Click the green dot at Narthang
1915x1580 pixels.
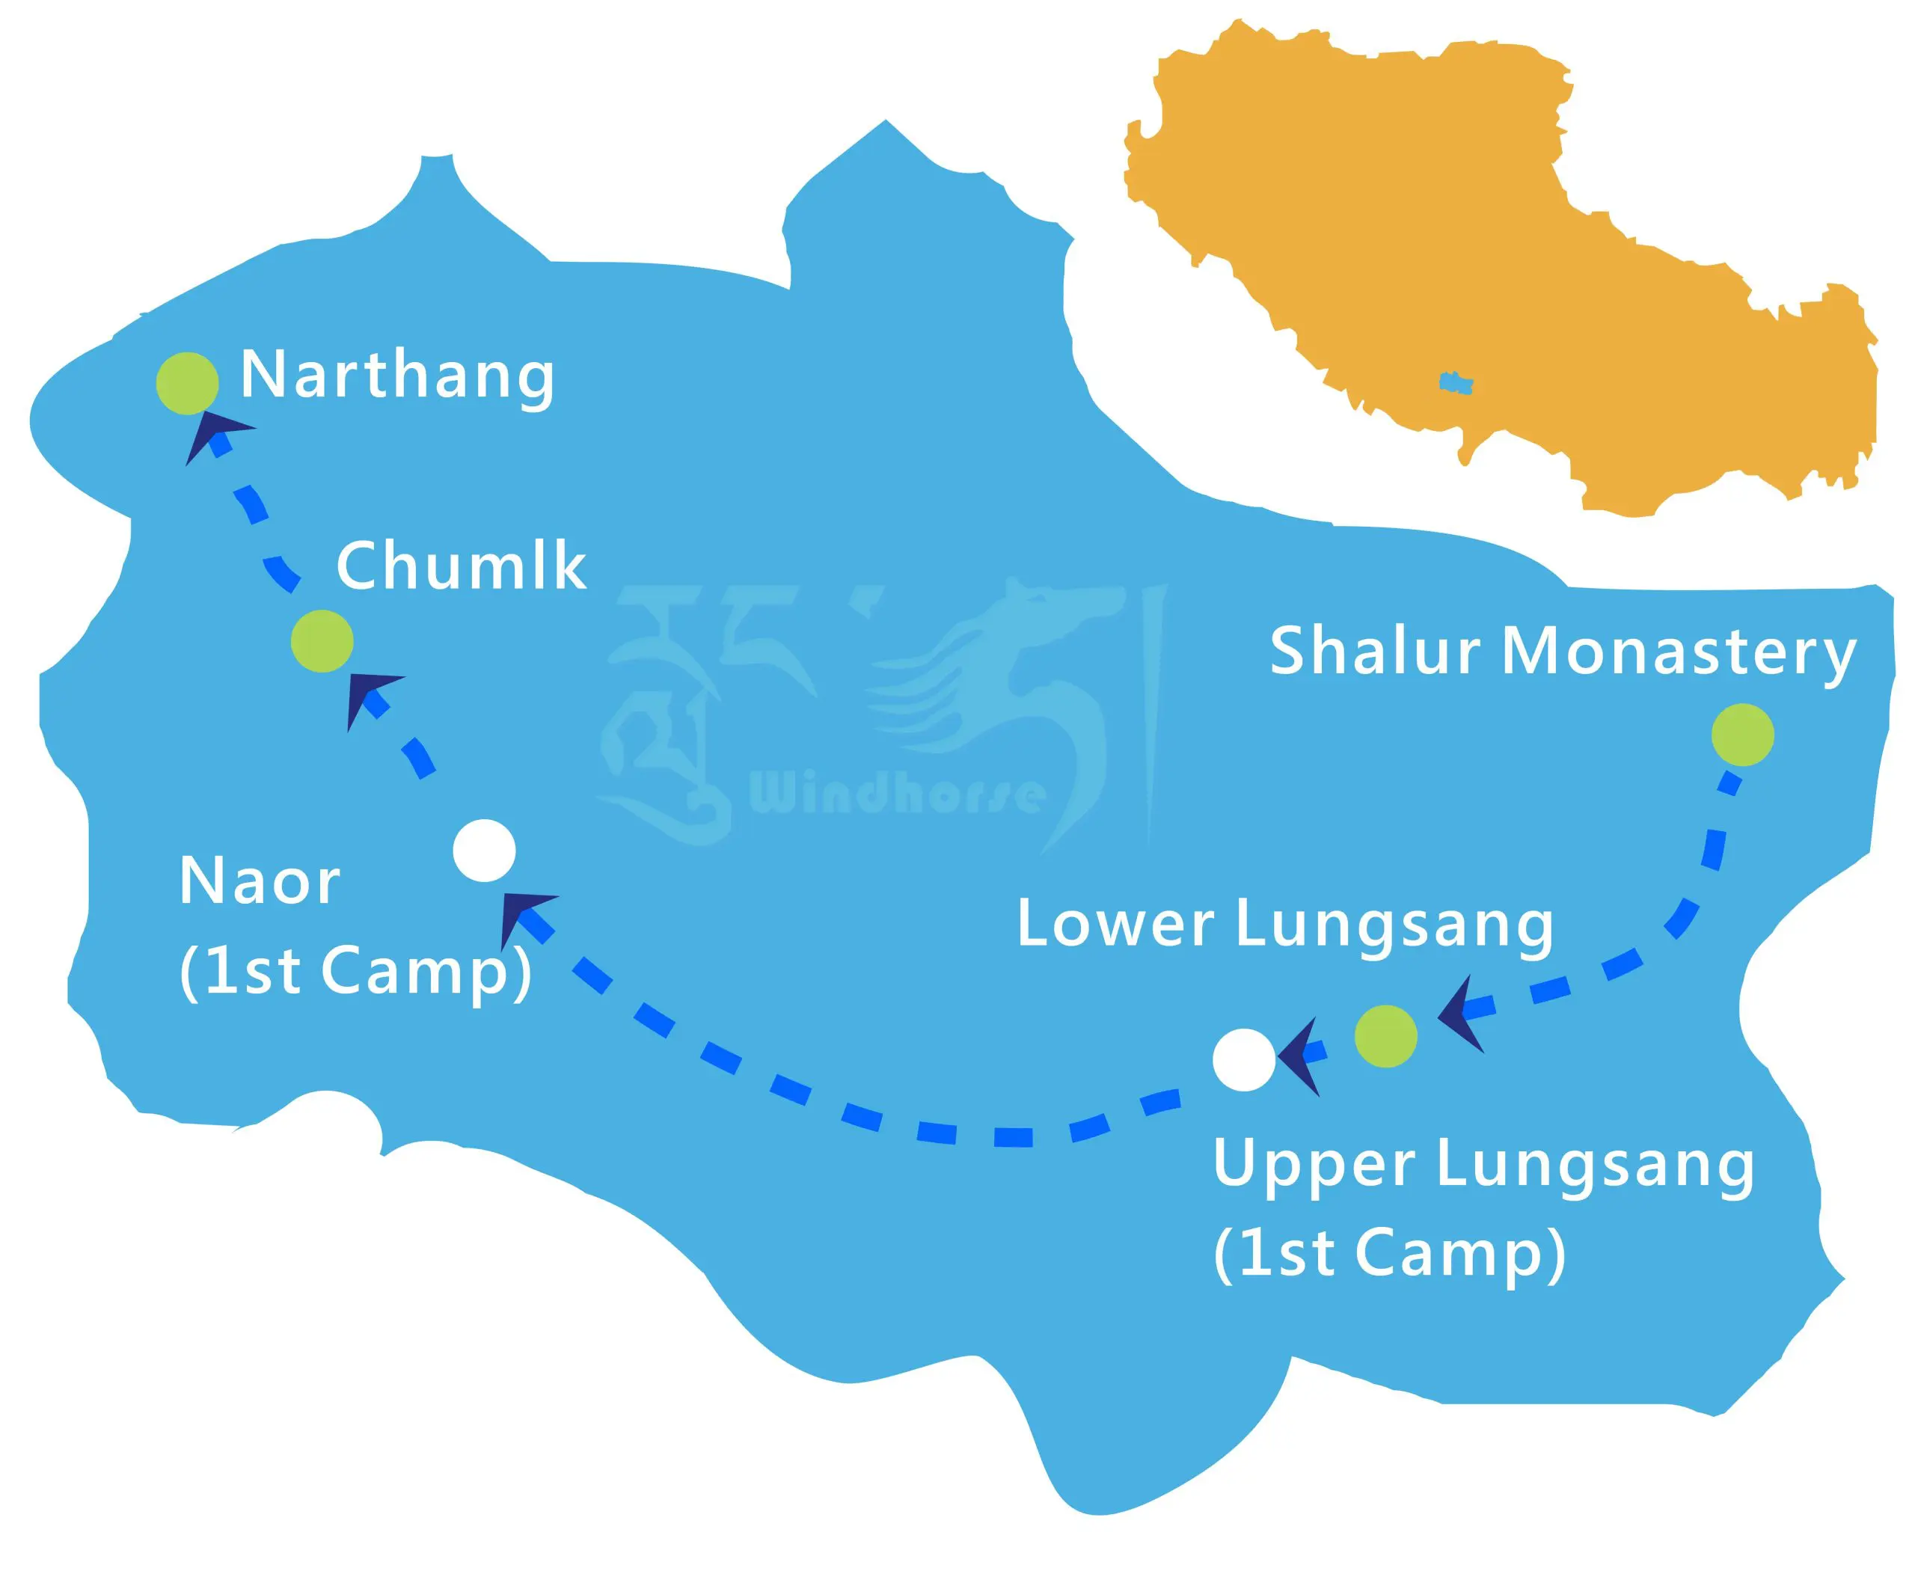point(186,383)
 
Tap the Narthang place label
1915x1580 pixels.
point(396,375)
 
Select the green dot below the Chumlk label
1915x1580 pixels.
point(322,642)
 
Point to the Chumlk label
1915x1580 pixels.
point(461,566)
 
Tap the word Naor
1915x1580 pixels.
point(260,881)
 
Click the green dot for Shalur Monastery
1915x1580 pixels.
point(1742,735)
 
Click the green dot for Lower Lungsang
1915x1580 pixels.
point(1385,1035)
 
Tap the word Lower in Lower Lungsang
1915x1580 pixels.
point(1115,924)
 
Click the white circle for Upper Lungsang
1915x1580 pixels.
point(1244,1059)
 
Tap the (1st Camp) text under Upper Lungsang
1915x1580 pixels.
point(1389,1253)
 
